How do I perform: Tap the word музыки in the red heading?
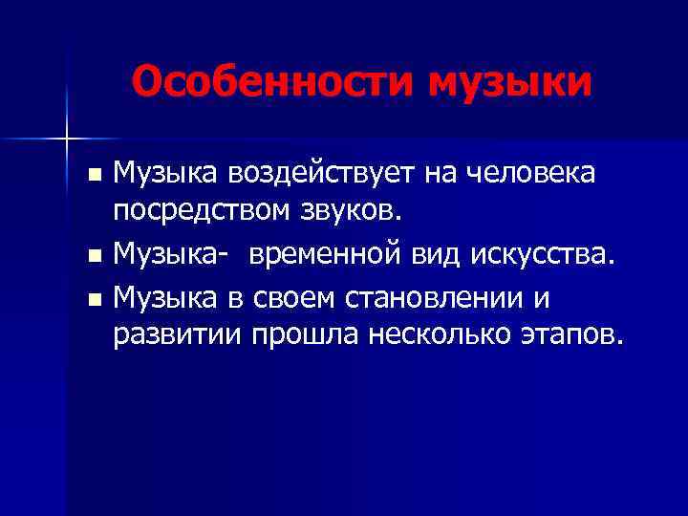coord(510,82)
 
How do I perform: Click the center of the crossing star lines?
coord(66,140)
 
